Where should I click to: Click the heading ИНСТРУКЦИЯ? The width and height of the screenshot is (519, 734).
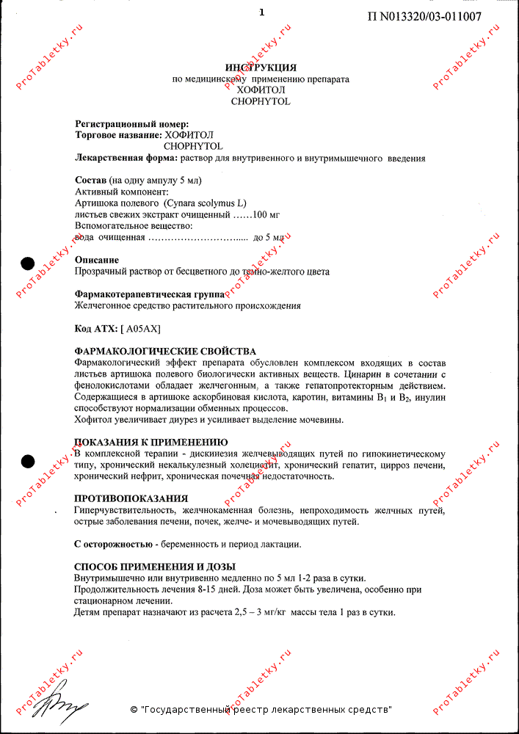coord(261,68)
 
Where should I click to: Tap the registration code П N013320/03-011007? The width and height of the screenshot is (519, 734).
coord(424,17)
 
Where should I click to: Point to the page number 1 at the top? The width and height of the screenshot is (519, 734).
coord(261,12)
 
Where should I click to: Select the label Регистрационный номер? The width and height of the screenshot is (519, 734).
coord(132,125)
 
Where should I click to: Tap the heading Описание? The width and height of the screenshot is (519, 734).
coord(97,260)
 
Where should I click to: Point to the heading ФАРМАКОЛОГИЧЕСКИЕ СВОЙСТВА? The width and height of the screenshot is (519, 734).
coord(165,352)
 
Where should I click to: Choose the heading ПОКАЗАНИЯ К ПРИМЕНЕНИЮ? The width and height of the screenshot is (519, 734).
coord(151,443)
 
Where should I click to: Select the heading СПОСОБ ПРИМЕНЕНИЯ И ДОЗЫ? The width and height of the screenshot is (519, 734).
coord(155,567)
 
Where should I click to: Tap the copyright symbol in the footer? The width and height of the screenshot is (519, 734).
coord(134,710)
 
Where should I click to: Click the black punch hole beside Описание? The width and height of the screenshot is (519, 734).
coord(28,263)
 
